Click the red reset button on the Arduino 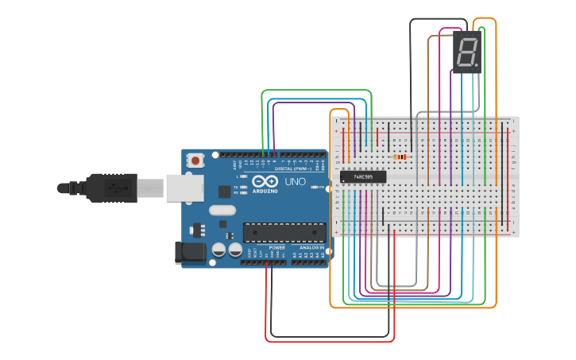[x=195, y=161]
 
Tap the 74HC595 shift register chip [x=363, y=176]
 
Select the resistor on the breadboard [x=400, y=157]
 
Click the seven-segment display [x=467, y=53]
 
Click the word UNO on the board [x=295, y=182]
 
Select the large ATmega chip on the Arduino [x=284, y=232]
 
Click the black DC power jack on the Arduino [x=187, y=253]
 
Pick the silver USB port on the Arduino [x=184, y=188]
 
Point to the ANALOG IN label [x=310, y=248]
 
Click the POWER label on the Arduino [x=276, y=248]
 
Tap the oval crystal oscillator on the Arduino [x=223, y=211]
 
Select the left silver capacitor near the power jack [x=218, y=250]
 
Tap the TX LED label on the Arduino [x=237, y=187]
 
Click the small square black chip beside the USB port [x=225, y=192]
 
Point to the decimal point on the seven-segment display [x=477, y=65]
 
